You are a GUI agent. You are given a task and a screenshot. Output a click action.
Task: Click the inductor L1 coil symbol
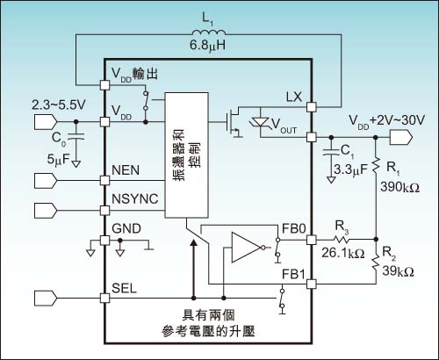tap(208, 32)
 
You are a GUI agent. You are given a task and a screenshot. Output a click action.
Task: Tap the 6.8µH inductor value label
tap(207, 46)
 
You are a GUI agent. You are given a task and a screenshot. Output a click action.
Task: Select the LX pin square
tap(312, 107)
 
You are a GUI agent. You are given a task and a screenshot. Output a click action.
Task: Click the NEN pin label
tap(126, 170)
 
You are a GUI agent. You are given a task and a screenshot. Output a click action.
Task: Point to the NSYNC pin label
tap(135, 199)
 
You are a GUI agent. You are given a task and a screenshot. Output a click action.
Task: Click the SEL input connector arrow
tap(46, 298)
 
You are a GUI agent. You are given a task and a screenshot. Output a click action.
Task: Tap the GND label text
tap(126, 228)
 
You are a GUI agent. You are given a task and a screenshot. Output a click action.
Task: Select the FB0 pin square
tap(312, 240)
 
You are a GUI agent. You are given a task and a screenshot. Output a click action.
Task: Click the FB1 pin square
tap(312, 284)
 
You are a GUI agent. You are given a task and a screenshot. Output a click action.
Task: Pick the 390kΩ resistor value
tap(399, 187)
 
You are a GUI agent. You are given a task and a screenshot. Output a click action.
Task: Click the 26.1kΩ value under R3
tap(343, 253)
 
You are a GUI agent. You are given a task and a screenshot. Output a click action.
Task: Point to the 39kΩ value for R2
tap(398, 271)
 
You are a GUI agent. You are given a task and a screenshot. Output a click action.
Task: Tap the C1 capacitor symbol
tap(331, 152)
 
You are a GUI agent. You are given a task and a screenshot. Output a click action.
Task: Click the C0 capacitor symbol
tap(76, 136)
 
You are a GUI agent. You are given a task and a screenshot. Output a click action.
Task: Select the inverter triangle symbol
tap(248, 248)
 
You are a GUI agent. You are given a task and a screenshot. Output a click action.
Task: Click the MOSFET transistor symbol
tap(234, 122)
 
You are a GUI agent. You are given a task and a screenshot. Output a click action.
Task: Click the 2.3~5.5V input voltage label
tap(59, 104)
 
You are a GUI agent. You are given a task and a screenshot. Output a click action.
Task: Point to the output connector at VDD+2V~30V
tap(401, 137)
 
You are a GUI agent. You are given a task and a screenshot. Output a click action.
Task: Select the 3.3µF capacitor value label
tap(350, 169)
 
